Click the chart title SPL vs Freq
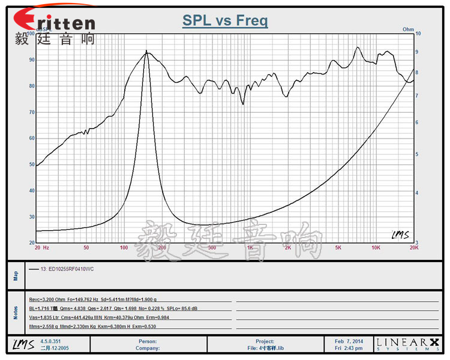(225, 21)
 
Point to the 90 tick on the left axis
(30, 60)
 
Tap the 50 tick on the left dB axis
(30, 164)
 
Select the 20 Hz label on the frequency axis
(41, 247)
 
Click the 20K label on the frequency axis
(413, 247)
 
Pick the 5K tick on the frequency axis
(338, 247)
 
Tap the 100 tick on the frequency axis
(124, 247)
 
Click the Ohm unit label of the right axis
(408, 29)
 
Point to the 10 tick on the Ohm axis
(418, 34)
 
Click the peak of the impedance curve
(146, 53)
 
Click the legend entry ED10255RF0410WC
(65, 269)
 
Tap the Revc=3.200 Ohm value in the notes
(46, 299)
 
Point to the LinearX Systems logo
(407, 344)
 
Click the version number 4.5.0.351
(51, 341)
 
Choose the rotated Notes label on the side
(16, 312)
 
